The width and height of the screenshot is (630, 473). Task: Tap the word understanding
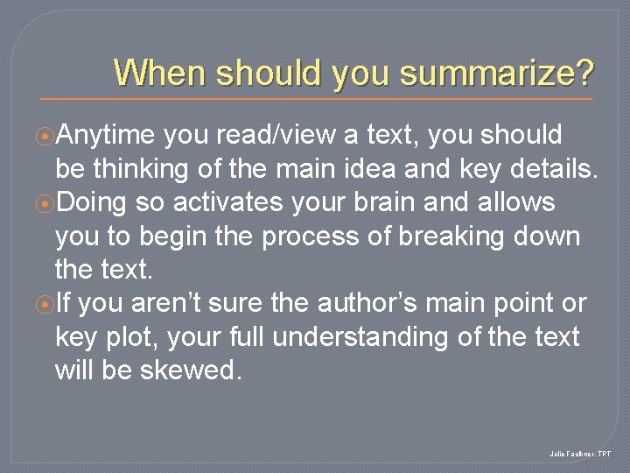click(384, 337)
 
